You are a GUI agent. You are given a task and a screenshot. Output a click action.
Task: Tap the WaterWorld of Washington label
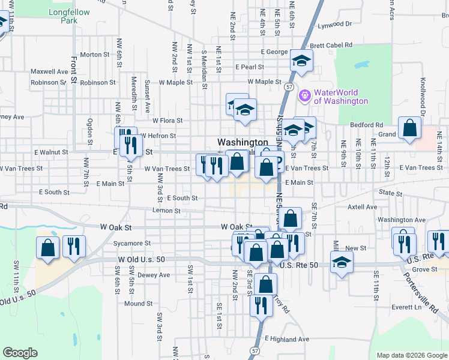(340, 97)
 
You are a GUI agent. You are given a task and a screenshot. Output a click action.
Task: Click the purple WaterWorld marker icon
(304, 94)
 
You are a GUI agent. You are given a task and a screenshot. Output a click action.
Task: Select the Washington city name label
(243, 142)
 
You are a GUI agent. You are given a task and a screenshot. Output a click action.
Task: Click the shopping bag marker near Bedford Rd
(409, 128)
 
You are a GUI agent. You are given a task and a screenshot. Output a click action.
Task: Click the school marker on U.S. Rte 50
(342, 262)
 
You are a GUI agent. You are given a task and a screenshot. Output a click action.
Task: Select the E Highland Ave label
(286, 339)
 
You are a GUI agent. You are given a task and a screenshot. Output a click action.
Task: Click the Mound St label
(139, 304)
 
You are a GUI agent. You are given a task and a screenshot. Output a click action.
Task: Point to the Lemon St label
(166, 211)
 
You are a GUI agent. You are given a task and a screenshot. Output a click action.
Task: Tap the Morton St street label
(94, 55)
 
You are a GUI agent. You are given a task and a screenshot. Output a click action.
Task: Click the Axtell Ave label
(362, 207)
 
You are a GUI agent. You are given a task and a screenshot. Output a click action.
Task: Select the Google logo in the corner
(20, 353)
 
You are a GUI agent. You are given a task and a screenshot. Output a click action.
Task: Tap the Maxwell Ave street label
(50, 71)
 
